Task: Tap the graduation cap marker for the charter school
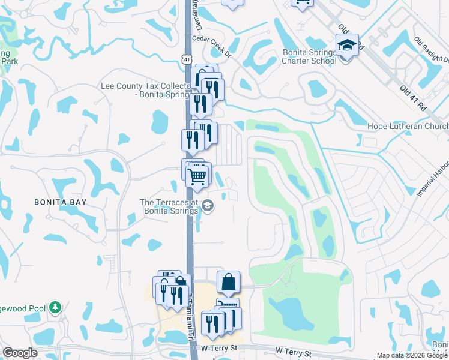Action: tap(347, 46)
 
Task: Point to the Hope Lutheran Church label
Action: tap(408, 127)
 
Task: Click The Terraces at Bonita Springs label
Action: tap(170, 207)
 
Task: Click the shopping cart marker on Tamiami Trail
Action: tap(197, 176)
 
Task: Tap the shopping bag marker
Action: tap(229, 281)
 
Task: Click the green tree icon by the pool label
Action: tap(55, 308)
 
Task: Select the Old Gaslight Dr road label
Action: tap(432, 51)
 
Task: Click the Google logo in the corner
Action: tap(20, 353)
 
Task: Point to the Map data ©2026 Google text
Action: tap(411, 355)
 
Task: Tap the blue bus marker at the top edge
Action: tap(302, 2)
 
